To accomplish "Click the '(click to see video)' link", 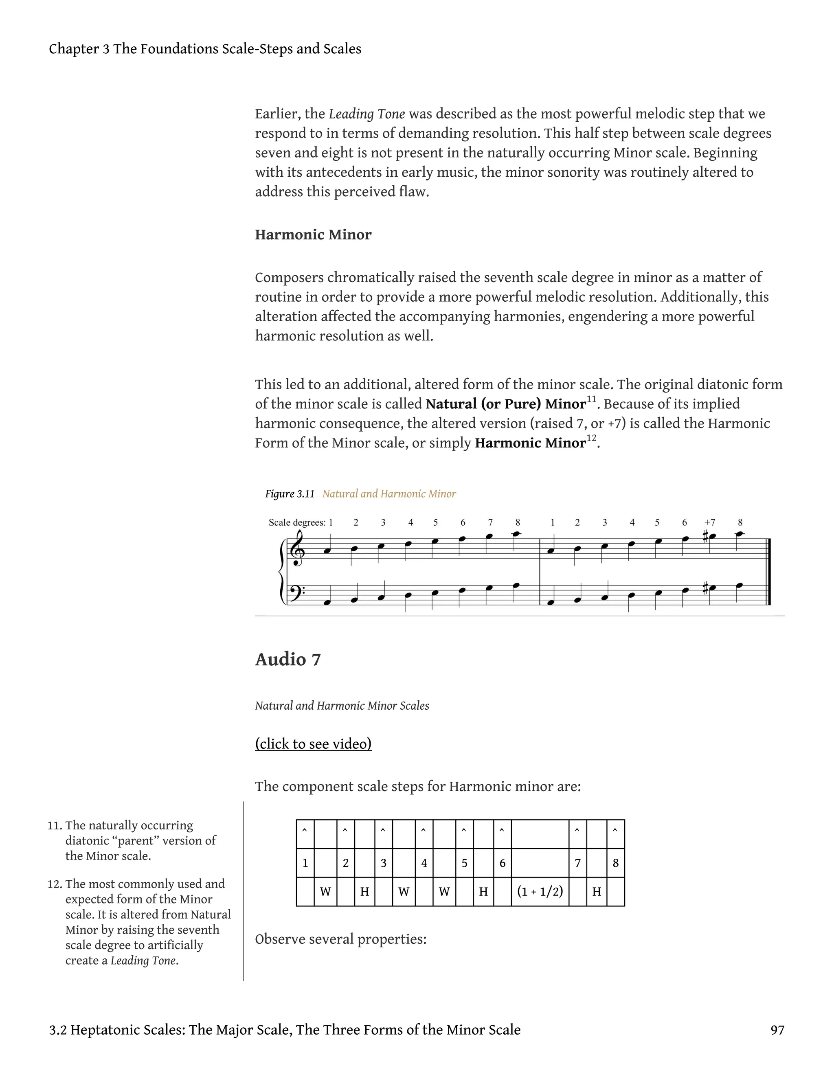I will point(313,743).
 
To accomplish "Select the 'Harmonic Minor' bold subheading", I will point(313,234).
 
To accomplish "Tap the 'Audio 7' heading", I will point(288,659).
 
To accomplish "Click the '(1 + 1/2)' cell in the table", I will point(540,892).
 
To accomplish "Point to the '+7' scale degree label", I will point(709,522).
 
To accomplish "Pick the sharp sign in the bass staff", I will point(706,588).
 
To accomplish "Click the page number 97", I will point(777,1030).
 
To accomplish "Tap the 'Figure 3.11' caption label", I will point(290,493).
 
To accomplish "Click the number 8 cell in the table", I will point(615,863).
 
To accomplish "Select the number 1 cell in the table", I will point(305,863).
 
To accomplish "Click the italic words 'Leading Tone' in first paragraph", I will point(367,114).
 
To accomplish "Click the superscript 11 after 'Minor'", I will point(591,399).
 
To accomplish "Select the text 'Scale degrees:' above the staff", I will point(297,522).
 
